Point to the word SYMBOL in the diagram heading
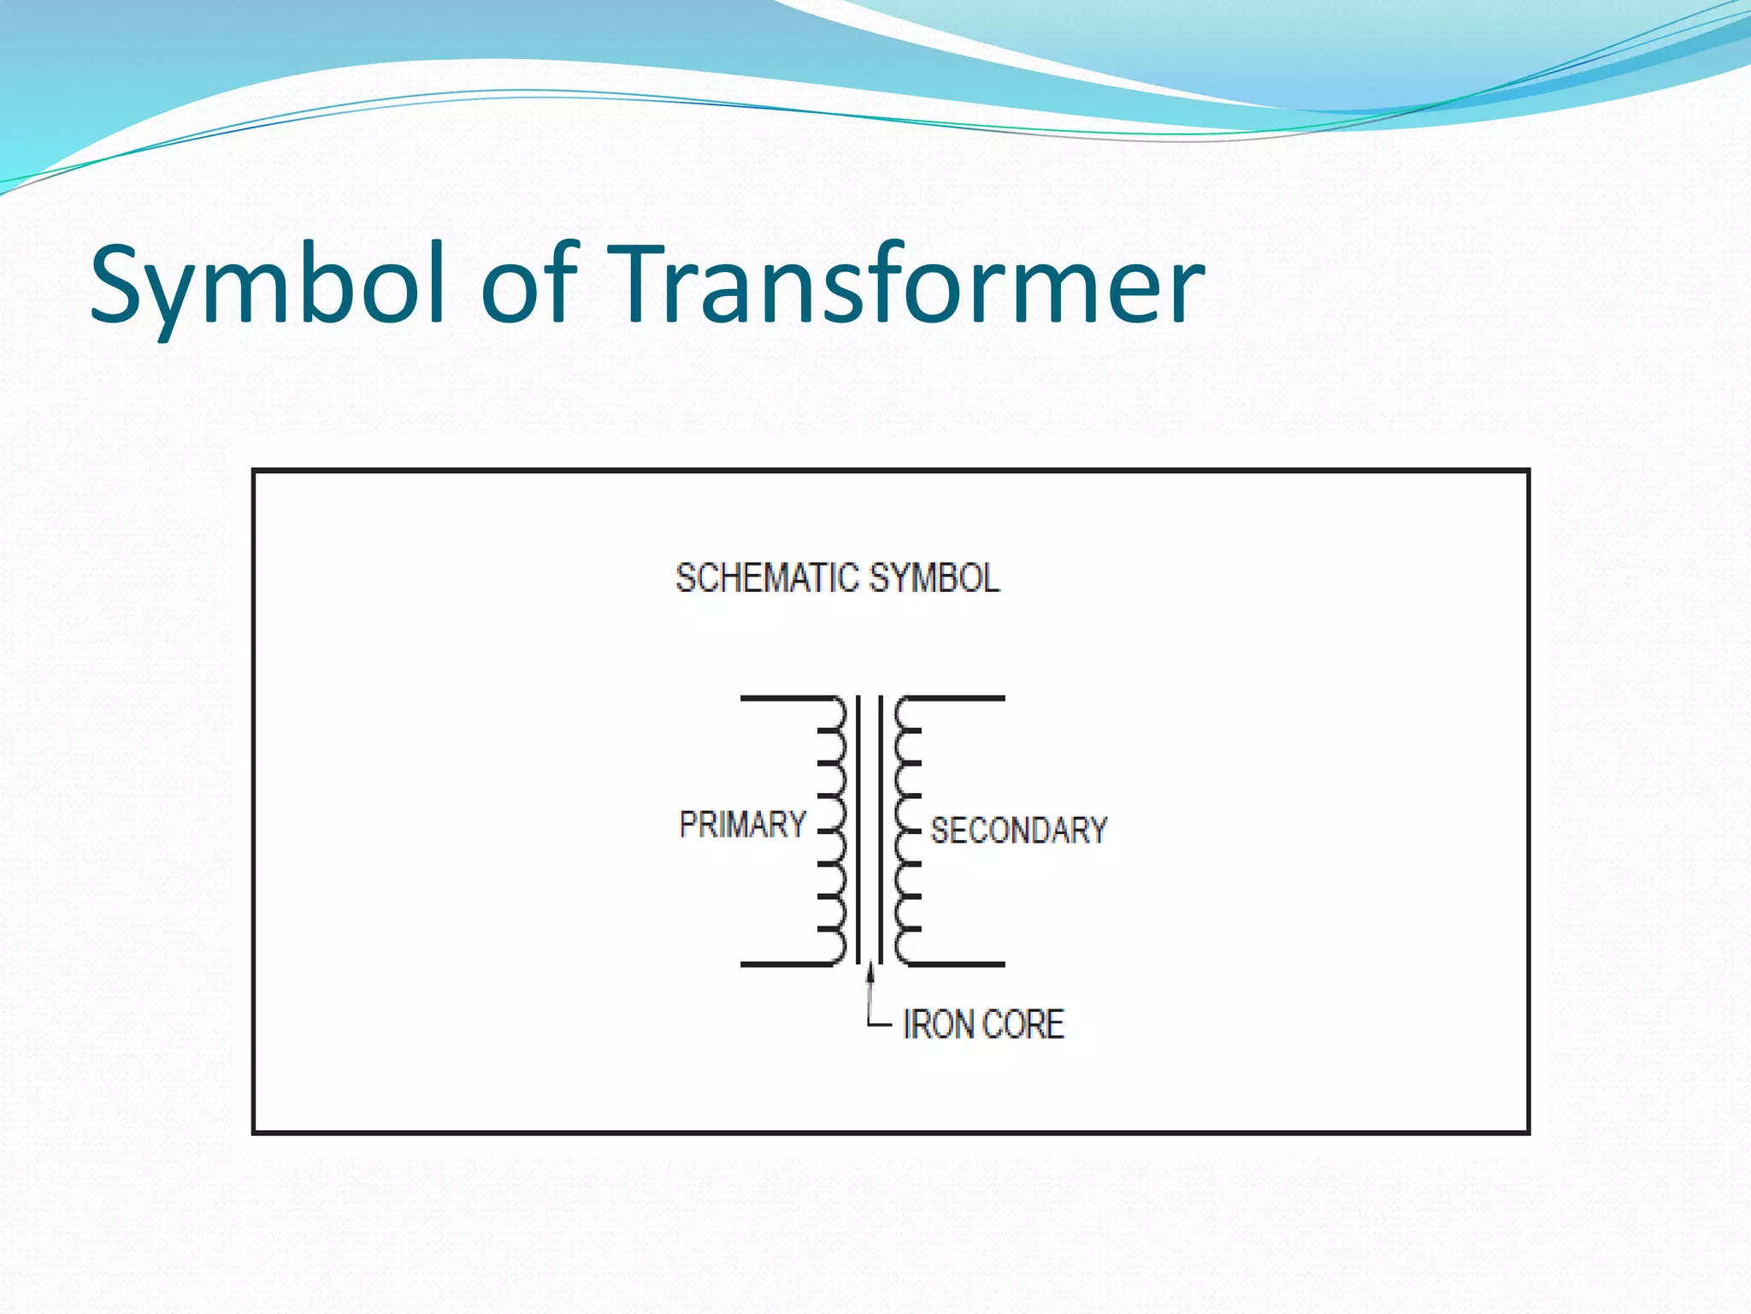pos(934,578)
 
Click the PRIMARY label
pos(742,825)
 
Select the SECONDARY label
pos(1018,831)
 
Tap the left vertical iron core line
pos(858,830)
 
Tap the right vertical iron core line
pos(881,830)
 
